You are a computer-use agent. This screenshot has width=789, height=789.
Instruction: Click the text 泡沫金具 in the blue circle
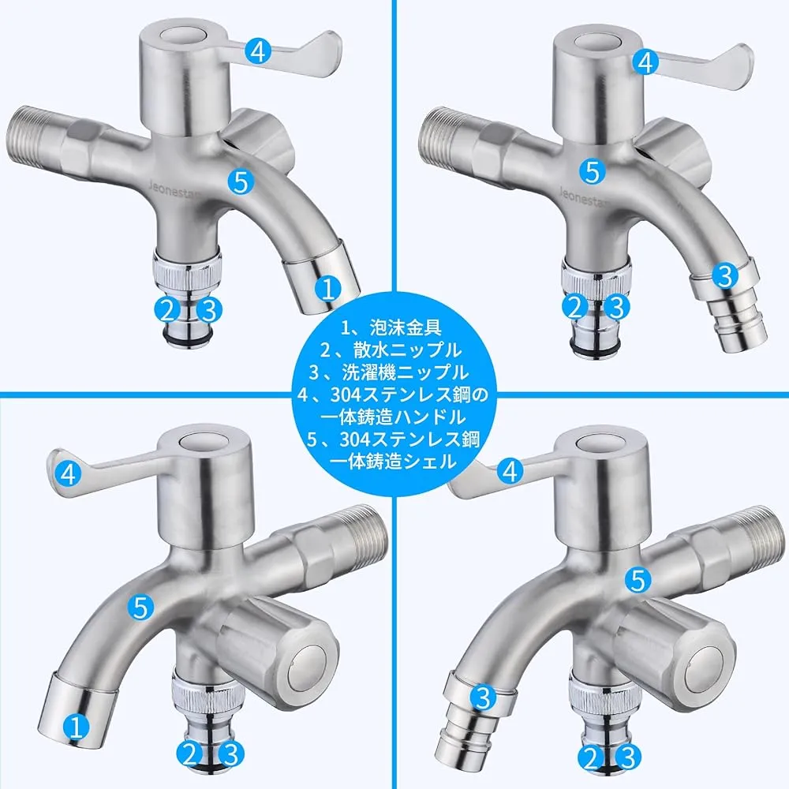point(405,327)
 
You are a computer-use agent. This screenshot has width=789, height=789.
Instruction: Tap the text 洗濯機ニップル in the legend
point(405,372)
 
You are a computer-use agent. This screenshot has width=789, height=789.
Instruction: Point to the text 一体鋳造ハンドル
point(393,417)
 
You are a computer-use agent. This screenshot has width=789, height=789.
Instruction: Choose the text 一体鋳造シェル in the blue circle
point(393,462)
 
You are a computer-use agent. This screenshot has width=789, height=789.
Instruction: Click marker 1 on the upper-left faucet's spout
point(328,289)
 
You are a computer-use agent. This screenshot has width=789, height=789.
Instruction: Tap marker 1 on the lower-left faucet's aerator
point(77,727)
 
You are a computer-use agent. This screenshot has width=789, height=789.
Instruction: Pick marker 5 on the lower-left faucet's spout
point(141,608)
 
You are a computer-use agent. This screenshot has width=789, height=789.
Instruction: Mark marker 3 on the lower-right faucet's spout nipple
point(483,698)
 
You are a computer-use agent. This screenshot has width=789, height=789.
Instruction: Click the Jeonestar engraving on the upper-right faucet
point(583,196)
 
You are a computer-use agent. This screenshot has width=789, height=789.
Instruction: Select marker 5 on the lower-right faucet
point(638,580)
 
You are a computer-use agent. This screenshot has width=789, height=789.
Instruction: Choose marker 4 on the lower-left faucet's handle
point(69,473)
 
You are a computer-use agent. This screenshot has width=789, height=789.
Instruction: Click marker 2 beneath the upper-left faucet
point(167,309)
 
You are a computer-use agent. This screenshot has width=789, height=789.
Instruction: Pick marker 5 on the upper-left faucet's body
point(241,181)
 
